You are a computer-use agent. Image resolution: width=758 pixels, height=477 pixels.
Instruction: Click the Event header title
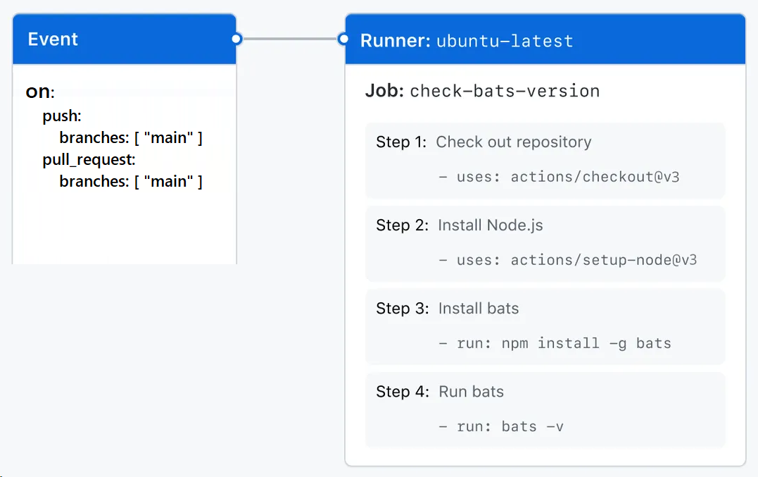click(53, 39)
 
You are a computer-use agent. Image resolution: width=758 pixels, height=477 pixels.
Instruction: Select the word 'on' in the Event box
click(39, 92)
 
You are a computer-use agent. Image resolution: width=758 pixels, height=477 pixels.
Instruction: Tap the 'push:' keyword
click(62, 116)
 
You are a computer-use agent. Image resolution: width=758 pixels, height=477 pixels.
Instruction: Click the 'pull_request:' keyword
click(89, 159)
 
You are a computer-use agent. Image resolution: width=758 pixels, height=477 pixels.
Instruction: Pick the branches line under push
click(131, 137)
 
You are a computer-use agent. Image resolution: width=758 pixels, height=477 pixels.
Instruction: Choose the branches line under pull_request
click(131, 181)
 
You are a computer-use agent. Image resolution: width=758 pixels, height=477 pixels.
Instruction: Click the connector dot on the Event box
click(236, 39)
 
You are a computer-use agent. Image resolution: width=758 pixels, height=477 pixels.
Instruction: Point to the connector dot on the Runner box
click(343, 39)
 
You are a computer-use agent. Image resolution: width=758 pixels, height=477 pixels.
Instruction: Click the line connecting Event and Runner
click(290, 39)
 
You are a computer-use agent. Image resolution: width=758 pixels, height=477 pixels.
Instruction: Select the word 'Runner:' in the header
click(395, 41)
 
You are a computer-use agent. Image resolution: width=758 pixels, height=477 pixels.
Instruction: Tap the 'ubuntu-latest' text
click(505, 41)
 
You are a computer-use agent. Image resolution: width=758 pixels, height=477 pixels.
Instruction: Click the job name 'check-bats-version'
click(505, 91)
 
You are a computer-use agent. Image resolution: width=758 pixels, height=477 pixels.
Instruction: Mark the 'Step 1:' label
click(401, 142)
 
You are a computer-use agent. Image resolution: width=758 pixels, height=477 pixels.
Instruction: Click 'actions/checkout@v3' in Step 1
click(595, 177)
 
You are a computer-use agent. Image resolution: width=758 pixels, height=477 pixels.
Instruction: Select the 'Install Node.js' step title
click(491, 225)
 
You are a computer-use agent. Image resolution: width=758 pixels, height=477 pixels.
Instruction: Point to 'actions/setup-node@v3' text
click(603, 260)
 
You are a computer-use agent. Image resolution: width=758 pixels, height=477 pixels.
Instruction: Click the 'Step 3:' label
click(402, 309)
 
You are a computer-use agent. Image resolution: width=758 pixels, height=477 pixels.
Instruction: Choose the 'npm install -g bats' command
click(586, 343)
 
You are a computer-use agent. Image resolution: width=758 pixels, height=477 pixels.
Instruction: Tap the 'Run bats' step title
click(471, 392)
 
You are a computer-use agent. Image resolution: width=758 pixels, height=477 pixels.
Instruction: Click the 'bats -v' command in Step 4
click(532, 426)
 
